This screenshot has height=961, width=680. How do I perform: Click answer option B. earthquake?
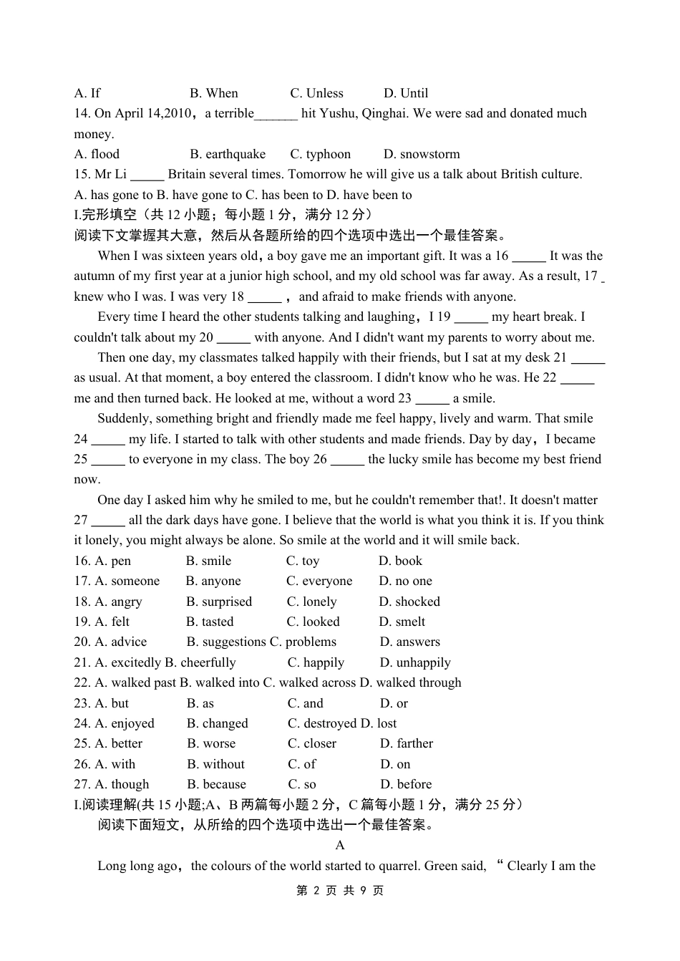228,154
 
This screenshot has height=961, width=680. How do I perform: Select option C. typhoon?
321,154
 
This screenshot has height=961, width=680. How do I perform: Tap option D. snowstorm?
422,154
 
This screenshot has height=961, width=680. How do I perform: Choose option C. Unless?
316,93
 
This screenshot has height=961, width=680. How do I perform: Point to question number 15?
82,174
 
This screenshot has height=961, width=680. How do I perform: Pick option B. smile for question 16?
208,561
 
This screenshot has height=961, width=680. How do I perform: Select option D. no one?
405,581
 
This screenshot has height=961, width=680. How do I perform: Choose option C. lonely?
311,602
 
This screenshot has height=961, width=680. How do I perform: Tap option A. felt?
112,622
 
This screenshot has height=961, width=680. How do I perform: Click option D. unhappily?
415,662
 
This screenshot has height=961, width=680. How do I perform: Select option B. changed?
217,723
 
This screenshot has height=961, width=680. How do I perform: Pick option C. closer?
312,743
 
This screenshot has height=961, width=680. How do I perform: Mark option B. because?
216,784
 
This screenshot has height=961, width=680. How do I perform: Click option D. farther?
407,743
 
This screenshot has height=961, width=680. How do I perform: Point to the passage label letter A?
340,845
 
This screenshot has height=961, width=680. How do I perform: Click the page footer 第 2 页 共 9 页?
340,890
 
